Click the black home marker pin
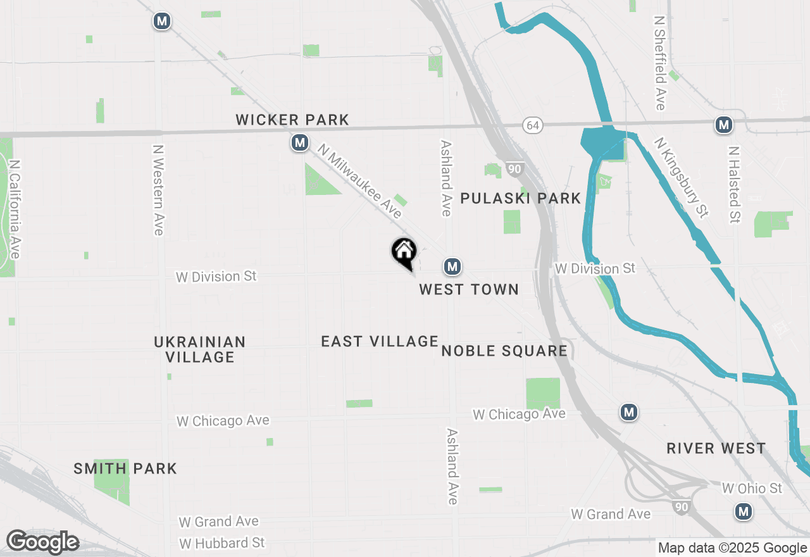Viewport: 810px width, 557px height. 404,252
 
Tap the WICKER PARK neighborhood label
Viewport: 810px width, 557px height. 292,120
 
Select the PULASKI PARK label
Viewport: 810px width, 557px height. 520,199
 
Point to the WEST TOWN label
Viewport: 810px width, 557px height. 469,290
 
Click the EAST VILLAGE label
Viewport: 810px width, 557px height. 380,342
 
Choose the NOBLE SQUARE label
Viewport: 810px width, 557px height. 504,351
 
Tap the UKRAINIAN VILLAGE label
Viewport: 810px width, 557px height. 200,349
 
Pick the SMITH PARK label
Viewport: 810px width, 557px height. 125,469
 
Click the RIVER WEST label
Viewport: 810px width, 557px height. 716,449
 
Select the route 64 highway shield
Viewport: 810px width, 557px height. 533,125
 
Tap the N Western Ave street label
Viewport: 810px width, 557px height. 158,191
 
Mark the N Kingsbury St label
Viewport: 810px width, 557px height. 681,178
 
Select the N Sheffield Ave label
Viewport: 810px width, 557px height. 660,63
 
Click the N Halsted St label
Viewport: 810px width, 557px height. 734,185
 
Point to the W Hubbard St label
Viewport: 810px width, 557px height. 222,544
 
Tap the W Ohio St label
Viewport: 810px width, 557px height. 752,489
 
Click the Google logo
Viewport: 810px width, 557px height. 42,542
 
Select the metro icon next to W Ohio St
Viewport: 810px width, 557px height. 744,511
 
